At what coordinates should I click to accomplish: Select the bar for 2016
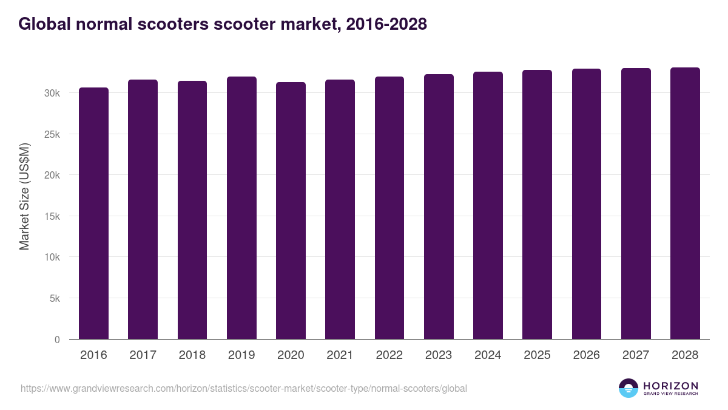coord(93,213)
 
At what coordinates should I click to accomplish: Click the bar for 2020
coord(291,211)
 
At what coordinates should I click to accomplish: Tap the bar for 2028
coord(685,203)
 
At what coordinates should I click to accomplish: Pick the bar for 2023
coord(439,207)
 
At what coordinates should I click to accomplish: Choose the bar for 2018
coord(192,210)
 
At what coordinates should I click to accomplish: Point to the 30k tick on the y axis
coord(52,93)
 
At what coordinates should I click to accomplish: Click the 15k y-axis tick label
coord(52,216)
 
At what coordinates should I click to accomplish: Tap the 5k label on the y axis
coord(54,298)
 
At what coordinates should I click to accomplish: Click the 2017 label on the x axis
coord(143,355)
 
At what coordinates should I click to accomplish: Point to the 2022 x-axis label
coord(389,355)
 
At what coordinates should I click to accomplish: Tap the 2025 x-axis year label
coord(537,355)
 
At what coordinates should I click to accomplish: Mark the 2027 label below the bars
coord(636,355)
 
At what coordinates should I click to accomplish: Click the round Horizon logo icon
coord(629,388)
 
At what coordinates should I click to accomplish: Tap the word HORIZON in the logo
coord(670,385)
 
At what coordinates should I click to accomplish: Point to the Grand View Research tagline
coord(670,394)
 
